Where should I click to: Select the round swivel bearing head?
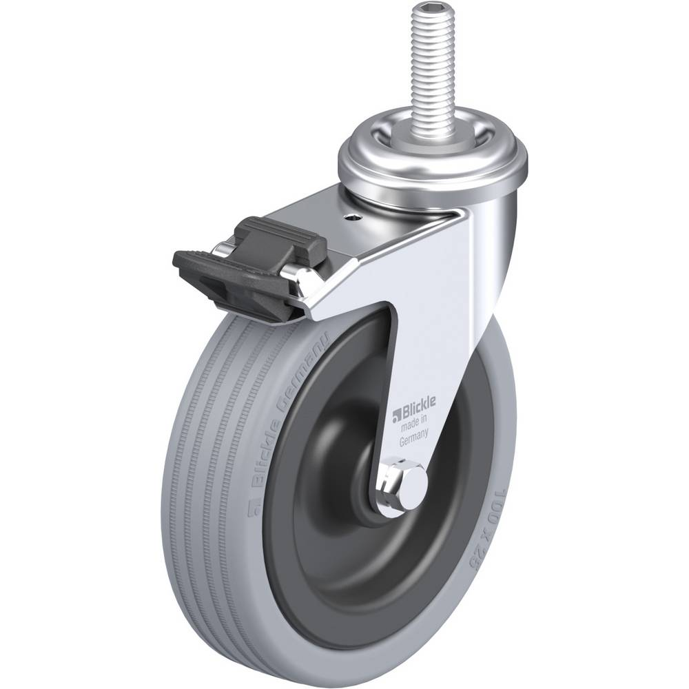(434, 165)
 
